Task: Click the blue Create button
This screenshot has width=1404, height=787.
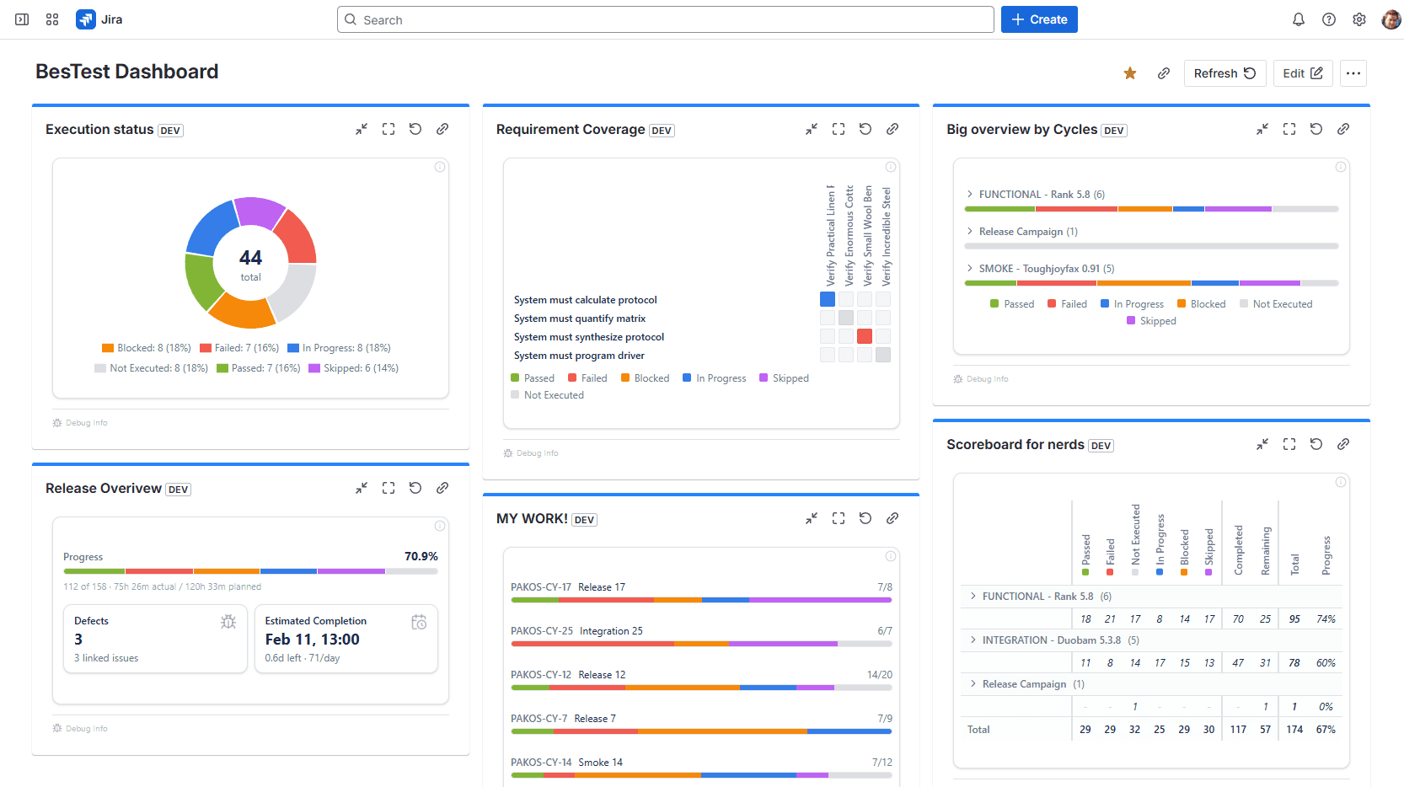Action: coord(1038,19)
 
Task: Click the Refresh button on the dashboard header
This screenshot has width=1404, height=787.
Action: coord(1224,73)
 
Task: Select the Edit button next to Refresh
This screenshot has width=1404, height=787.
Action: coord(1302,73)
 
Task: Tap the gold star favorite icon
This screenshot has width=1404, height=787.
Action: coord(1130,73)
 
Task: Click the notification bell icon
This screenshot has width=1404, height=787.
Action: coord(1298,19)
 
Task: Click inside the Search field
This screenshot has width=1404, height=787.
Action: coord(666,19)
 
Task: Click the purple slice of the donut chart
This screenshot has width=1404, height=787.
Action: coord(258,212)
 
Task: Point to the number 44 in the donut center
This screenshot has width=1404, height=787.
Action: coord(250,258)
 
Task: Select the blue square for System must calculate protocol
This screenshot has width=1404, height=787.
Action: coord(828,299)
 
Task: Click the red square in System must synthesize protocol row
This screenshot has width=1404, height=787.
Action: coord(865,336)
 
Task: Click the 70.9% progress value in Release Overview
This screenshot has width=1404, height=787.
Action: coord(421,556)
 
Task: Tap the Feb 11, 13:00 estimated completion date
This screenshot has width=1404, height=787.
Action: coord(312,640)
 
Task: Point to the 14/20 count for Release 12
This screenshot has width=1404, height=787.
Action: coord(879,675)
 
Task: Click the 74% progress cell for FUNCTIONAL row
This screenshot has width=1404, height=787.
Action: coord(1326,619)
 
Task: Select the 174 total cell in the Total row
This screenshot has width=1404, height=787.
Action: coord(1294,730)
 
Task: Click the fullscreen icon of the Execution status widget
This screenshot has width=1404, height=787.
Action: coord(389,129)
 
